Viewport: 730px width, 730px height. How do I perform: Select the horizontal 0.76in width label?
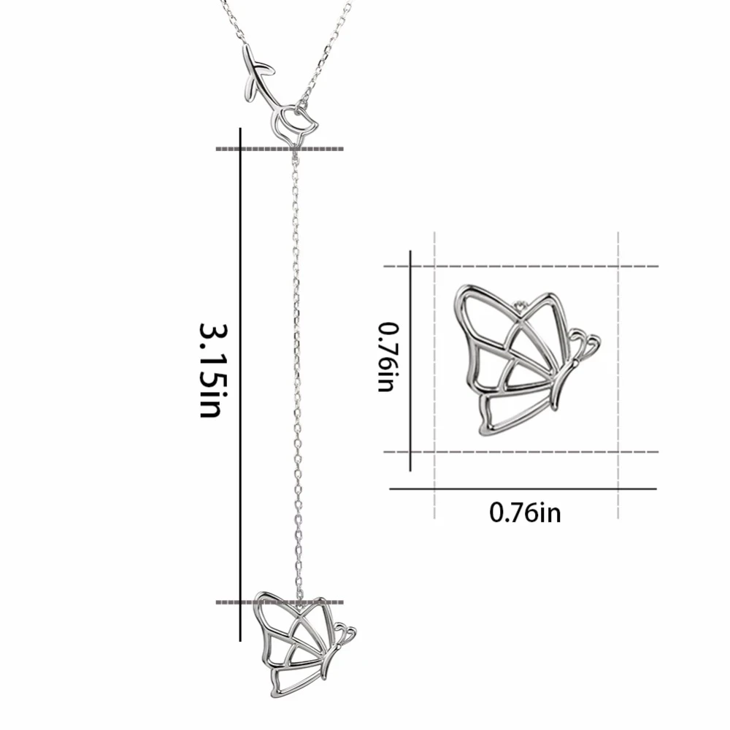coord(525,512)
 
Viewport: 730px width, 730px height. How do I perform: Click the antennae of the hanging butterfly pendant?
coord(345,633)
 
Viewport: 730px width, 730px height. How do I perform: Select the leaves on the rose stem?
coord(257,69)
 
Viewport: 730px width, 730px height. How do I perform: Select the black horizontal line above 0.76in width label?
coord(523,488)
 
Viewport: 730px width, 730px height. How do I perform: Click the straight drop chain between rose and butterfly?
coord(296,365)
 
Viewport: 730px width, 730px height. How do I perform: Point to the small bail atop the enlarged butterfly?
coord(520,304)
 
